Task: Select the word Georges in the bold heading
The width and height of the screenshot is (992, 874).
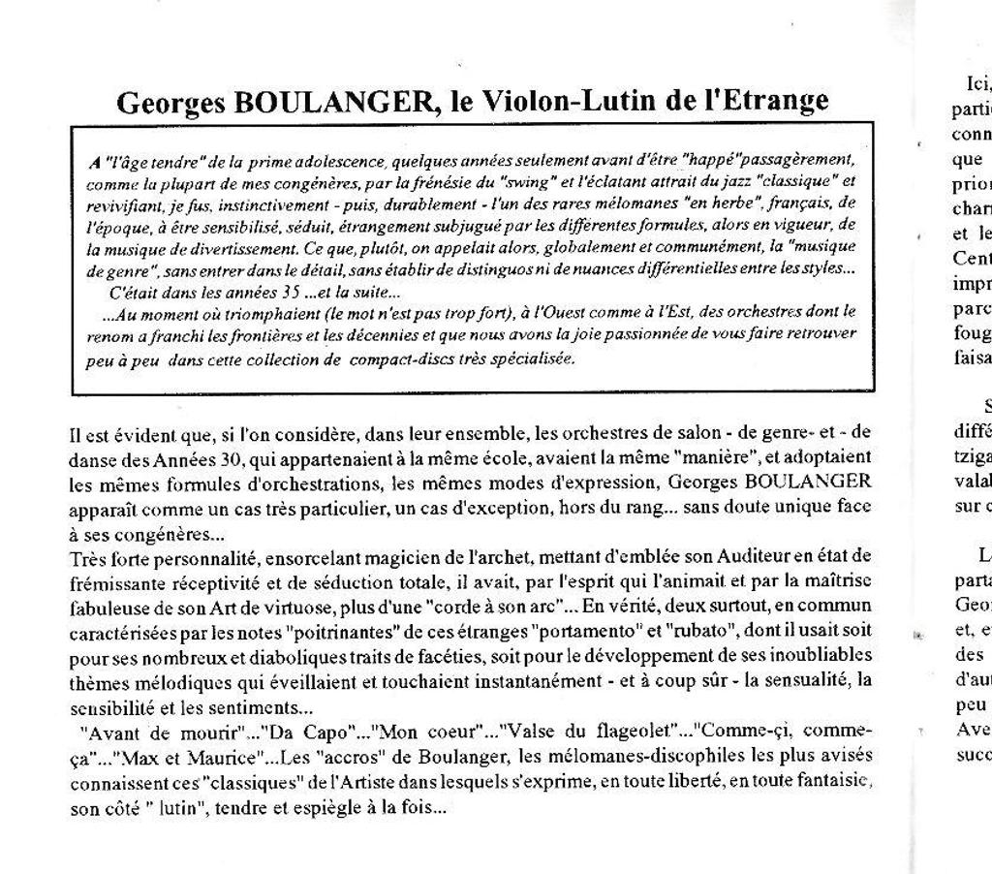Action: tap(171, 102)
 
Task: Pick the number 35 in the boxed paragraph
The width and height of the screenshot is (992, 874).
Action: tap(285, 291)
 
